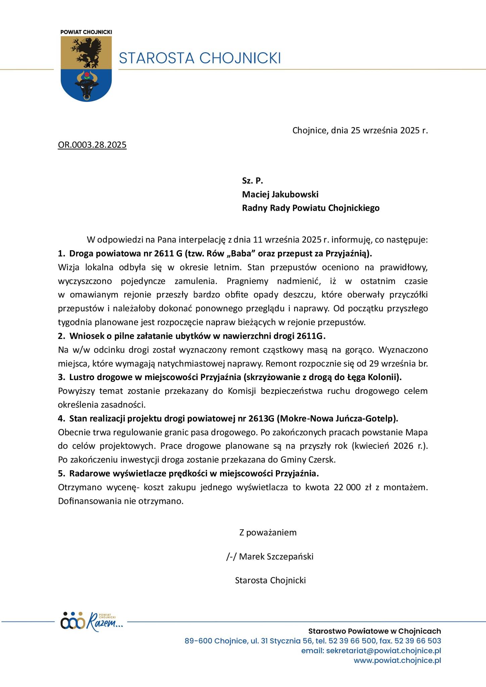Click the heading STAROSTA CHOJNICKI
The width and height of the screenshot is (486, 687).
pos(200,58)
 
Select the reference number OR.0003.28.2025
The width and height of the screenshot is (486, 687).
pos(92,145)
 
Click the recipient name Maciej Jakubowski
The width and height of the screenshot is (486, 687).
pos(280,194)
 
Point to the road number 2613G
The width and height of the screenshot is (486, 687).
pos(262,419)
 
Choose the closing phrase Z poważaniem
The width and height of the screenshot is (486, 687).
pos(268,532)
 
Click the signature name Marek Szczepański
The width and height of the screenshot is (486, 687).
pos(276,557)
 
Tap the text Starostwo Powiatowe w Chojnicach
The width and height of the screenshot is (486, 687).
pos(375,631)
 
